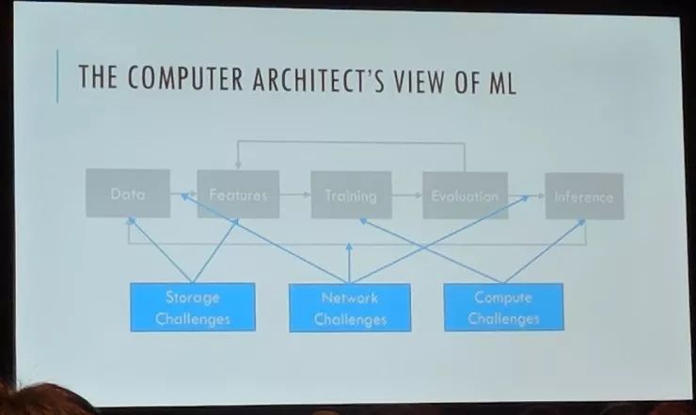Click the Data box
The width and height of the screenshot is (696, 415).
click(x=128, y=194)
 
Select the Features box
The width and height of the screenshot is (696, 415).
click(x=238, y=195)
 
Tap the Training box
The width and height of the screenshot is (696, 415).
click(x=350, y=196)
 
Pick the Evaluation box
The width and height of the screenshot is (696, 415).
click(x=464, y=196)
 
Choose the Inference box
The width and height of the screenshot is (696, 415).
click(x=583, y=197)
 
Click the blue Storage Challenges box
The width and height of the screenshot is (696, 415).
click(x=192, y=308)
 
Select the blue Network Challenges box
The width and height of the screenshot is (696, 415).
click(x=350, y=308)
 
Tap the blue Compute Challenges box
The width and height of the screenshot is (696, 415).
click(x=503, y=307)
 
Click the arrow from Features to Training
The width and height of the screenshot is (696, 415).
click(x=294, y=196)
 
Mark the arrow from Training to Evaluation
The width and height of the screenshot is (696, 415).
click(x=405, y=196)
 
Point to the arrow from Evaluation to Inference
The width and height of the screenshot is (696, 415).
click(x=526, y=196)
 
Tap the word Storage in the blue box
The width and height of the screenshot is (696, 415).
click(x=192, y=297)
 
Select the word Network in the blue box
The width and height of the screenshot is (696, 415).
click(x=350, y=297)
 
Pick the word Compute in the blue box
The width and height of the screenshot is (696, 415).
click(x=503, y=296)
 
